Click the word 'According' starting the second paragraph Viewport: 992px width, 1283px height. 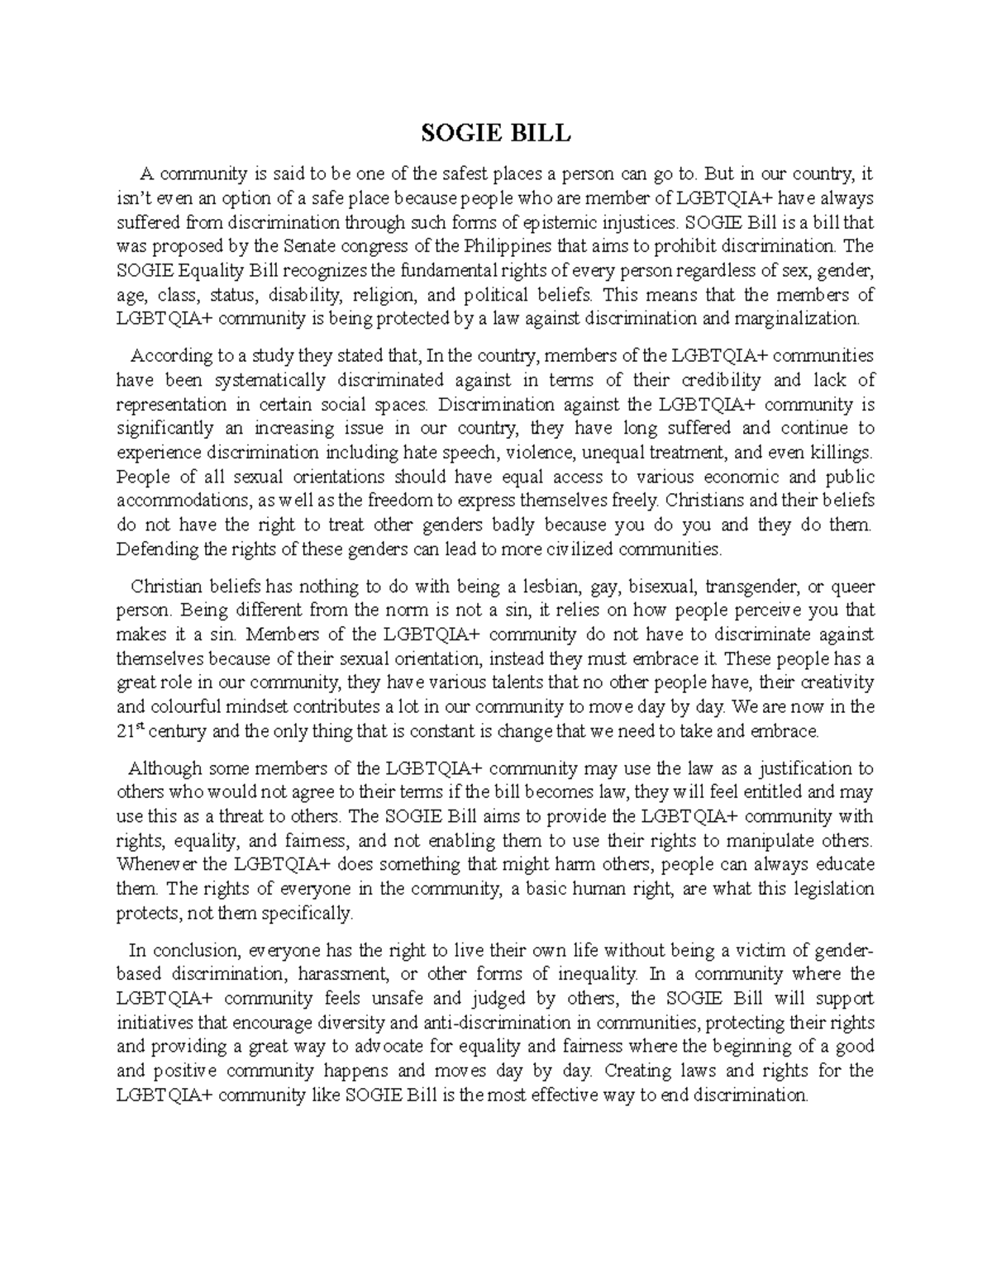click(171, 356)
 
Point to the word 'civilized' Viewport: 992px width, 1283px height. click(575, 549)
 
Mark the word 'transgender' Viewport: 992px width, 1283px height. click(751, 587)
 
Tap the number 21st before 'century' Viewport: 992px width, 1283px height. click(129, 730)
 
